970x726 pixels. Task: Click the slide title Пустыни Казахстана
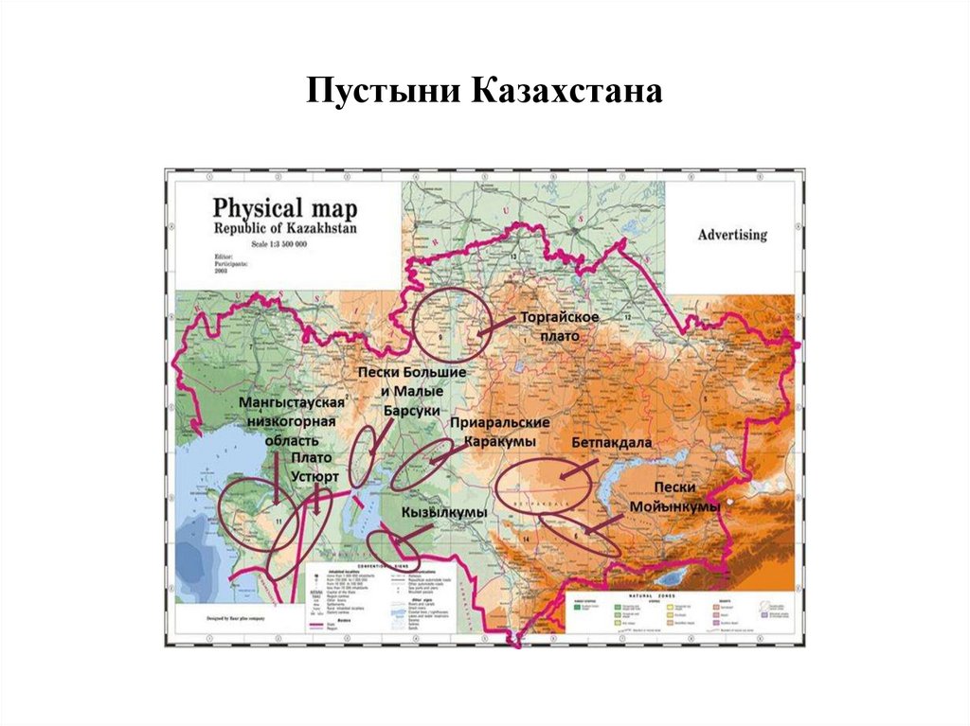484,93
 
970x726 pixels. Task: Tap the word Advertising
732,234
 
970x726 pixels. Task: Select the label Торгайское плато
559,327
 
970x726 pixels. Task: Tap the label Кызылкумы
443,512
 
